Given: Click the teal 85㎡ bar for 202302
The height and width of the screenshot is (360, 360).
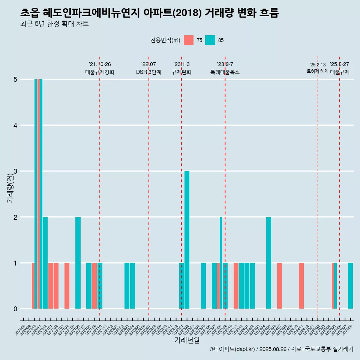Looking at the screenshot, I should click(x=187, y=240).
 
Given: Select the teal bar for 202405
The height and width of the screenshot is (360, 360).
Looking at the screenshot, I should click(x=268, y=262).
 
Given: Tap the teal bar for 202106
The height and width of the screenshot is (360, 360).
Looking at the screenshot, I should click(x=78, y=262).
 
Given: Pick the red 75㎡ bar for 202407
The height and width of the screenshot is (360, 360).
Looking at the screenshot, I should click(x=279, y=286).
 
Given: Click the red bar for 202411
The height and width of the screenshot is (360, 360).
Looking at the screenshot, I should click(x=301, y=286).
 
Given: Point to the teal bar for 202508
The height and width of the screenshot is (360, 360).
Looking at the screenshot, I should click(x=350, y=286).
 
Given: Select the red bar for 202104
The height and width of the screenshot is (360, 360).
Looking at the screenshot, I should click(x=67, y=286).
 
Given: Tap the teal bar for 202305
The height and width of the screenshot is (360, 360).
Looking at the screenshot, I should click(x=203, y=286).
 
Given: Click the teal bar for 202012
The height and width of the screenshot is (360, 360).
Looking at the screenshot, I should click(x=45, y=262).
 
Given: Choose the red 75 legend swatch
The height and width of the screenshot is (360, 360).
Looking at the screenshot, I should click(x=189, y=40).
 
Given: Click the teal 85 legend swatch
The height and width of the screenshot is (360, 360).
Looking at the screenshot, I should click(x=210, y=40).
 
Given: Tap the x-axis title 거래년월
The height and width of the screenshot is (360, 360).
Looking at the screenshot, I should click(x=187, y=340).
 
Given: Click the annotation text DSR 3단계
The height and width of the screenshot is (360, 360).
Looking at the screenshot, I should click(x=148, y=72).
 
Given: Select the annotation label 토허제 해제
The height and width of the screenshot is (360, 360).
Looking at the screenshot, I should click(x=317, y=71).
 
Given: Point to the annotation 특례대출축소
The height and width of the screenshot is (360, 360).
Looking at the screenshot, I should click(x=225, y=72).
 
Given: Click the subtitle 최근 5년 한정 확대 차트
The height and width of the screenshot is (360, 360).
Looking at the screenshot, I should click(x=54, y=24).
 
